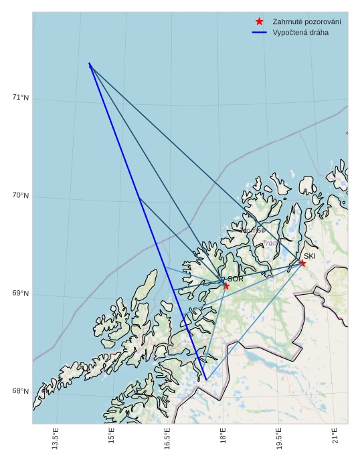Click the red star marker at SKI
pyautogui.click(x=302, y=263)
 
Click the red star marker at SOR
pyautogui.click(x=226, y=285)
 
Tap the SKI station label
pyautogui.click(x=309, y=256)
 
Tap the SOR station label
pyautogui.click(x=236, y=279)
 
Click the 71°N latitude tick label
pyautogui.click(x=21, y=98)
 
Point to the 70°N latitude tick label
pyautogui.click(x=21, y=196)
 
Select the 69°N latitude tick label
pyautogui.click(x=21, y=294)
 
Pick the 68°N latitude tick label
pyautogui.click(x=21, y=391)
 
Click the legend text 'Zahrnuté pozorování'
pyautogui.click(x=306, y=22)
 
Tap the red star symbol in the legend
pyautogui.click(x=260, y=22)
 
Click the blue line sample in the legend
pyautogui.click(x=260, y=32)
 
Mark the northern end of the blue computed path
pyautogui.click(x=89, y=63)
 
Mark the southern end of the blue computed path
pyautogui.click(x=206, y=380)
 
